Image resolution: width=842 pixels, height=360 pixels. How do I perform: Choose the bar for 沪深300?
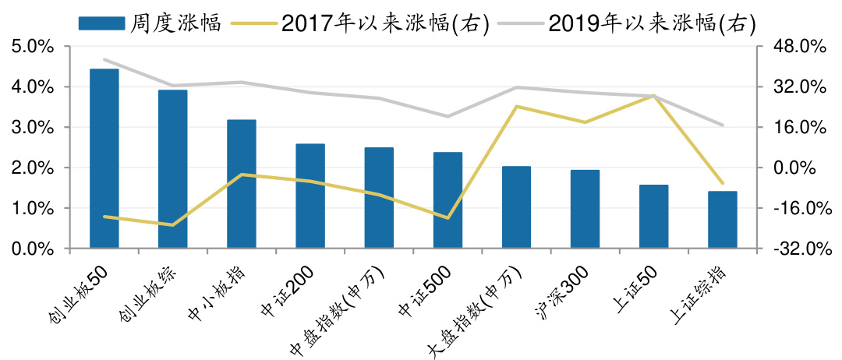(x=585, y=209)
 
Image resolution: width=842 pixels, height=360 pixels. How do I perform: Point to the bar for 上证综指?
(x=722, y=220)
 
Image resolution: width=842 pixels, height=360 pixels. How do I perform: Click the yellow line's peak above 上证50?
(x=653, y=96)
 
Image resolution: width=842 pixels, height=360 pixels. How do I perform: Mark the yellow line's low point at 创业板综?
(x=173, y=225)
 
